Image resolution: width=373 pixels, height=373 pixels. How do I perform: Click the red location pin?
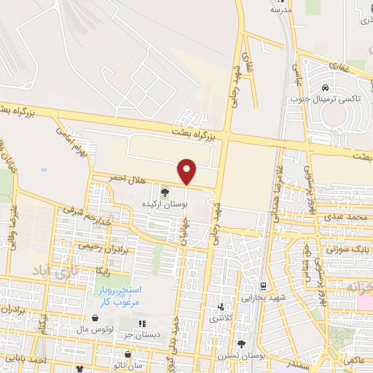pyautogui.click(x=188, y=171)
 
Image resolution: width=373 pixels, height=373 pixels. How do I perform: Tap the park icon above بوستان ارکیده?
pyautogui.click(x=164, y=192)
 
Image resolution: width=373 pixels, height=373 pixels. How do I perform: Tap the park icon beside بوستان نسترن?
pyautogui.click(x=241, y=344)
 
